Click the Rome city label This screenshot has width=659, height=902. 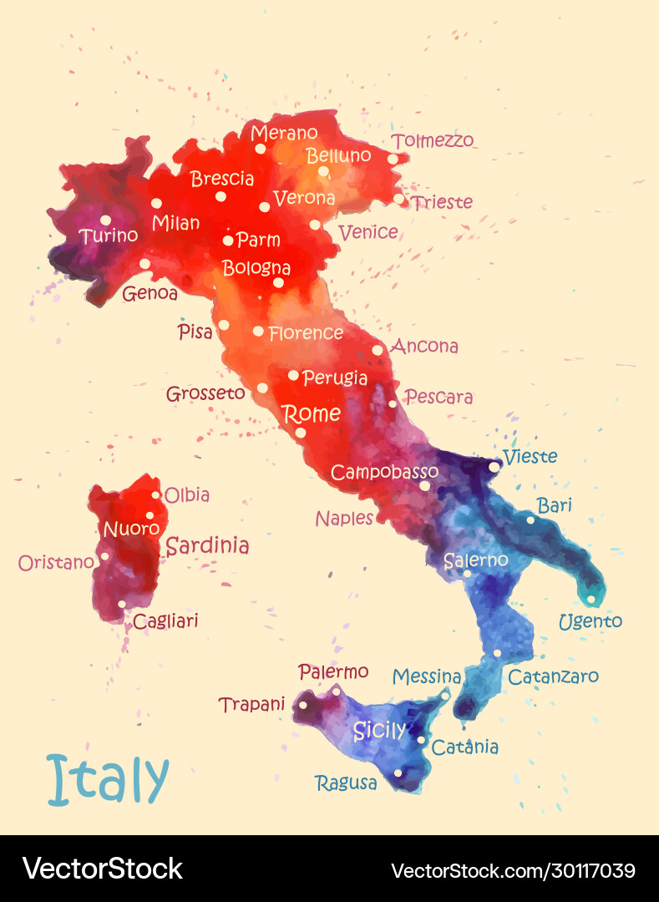(x=312, y=413)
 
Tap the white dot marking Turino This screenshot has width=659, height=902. (x=105, y=220)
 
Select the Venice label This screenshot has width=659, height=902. (x=368, y=232)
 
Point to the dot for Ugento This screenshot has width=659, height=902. (x=591, y=599)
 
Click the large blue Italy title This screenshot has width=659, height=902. (x=109, y=779)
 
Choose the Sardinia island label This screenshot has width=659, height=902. (x=207, y=546)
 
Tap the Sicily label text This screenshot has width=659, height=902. (x=379, y=731)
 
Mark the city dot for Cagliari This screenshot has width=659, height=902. (x=122, y=604)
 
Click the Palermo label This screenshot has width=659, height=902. (x=333, y=671)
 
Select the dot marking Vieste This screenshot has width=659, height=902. (x=494, y=467)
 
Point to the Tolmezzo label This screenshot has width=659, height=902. (x=433, y=140)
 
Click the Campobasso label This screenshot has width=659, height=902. (x=384, y=472)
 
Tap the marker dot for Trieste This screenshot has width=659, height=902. (x=398, y=199)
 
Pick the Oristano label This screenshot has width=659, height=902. (x=56, y=563)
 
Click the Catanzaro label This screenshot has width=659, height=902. (x=553, y=676)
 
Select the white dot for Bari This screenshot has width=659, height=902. (x=530, y=519)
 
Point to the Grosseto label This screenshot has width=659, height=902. (x=205, y=393)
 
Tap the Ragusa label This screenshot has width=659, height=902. (x=346, y=783)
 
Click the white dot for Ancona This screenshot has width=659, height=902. (x=378, y=350)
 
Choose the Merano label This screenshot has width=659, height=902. (x=284, y=133)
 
